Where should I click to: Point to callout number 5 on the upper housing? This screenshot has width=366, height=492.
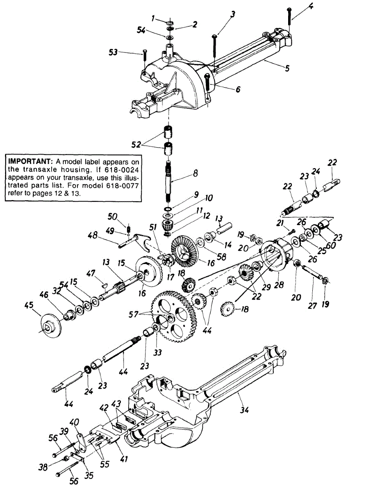[x=287, y=68]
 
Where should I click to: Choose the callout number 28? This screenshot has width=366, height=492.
[x=280, y=284]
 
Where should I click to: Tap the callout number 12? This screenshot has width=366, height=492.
[x=206, y=216]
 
